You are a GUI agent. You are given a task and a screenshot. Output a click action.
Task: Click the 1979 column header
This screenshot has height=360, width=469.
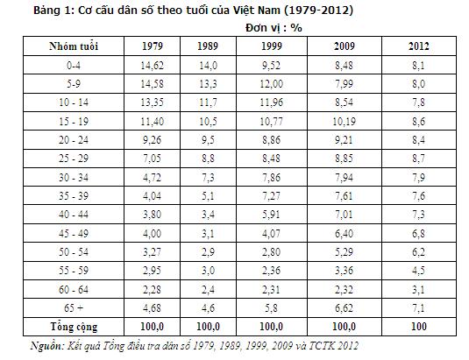point(153,46)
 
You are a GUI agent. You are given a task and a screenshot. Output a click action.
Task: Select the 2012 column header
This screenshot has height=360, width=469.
point(419,46)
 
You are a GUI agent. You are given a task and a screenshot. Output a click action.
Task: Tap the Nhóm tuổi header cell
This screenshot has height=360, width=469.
point(74,46)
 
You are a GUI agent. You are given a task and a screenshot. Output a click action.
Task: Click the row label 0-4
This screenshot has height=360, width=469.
point(74,65)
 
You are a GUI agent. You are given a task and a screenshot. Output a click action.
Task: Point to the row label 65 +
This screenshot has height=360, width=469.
point(74,307)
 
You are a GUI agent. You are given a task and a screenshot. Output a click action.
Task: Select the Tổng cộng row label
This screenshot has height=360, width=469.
point(74,327)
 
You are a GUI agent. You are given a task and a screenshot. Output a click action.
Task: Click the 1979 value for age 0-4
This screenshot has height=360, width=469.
point(153,65)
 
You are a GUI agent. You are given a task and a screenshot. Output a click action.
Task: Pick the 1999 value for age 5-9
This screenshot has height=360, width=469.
point(271,84)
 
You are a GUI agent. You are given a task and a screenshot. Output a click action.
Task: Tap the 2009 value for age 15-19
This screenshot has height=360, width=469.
point(345,121)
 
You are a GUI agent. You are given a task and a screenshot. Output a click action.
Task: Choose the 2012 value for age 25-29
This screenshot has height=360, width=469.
point(419,159)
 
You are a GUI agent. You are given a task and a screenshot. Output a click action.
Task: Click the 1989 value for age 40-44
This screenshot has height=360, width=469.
point(208,215)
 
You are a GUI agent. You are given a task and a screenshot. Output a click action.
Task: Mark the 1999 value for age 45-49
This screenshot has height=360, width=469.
point(271,233)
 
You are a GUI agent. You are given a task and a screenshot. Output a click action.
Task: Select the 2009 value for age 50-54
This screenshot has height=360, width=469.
point(345,252)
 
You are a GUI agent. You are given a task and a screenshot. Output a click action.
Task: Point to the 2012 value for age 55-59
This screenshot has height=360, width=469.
point(419,271)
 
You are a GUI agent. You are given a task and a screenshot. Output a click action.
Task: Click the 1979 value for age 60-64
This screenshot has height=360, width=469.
point(153,289)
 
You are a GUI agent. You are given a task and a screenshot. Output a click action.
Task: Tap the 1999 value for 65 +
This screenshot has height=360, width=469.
point(271,307)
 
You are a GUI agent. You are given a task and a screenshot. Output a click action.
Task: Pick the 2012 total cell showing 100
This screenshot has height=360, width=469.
point(419,326)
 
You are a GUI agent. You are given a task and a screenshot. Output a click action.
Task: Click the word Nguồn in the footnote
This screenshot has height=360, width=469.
point(47,346)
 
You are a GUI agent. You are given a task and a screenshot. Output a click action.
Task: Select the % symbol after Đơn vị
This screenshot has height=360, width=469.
point(296,28)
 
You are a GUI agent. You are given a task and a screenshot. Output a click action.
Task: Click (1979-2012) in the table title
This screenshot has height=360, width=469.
point(318,11)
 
